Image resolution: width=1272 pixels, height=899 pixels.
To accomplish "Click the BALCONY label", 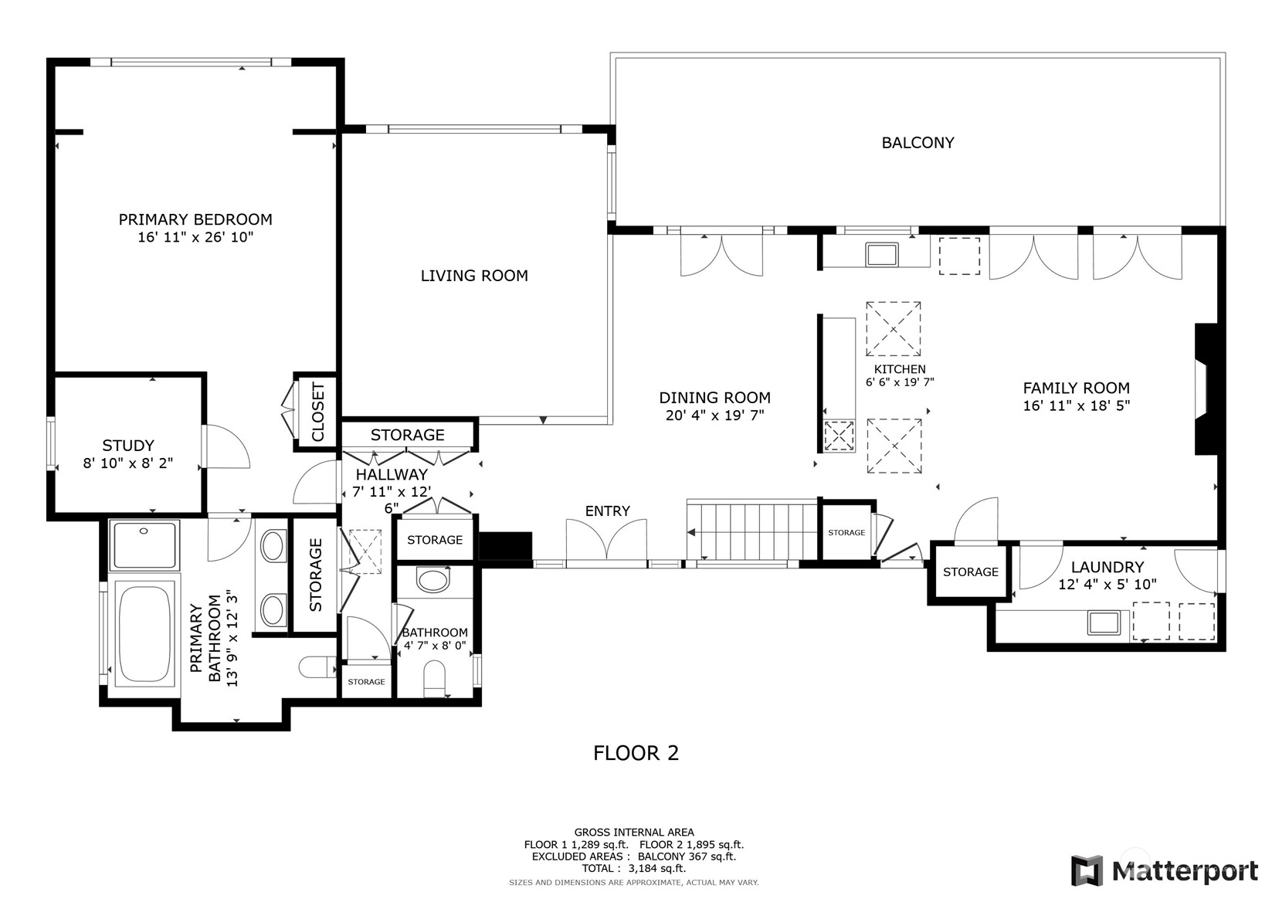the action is pos(918,143).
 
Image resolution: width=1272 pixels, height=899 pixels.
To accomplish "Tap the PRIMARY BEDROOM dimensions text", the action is pos(195,237).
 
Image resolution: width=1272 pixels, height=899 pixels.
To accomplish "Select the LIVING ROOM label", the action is pos(474,276).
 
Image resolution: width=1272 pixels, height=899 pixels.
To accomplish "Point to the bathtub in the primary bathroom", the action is pos(144,633).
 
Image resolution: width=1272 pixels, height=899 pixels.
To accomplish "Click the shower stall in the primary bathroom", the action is pos(144,544).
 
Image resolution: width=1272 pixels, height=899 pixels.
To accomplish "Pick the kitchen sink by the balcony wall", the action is pos(882,254).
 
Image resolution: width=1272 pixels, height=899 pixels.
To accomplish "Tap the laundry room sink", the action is pos(1104,623).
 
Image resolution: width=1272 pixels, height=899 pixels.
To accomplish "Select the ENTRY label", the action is pos(608,511).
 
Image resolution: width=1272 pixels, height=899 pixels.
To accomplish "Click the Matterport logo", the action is pos(1164,870).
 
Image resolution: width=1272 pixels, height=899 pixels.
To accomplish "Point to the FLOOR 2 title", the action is pos(636,753).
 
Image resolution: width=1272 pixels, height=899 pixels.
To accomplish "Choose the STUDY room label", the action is pos(128,445).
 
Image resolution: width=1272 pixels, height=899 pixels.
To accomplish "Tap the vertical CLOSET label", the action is pos(318,412).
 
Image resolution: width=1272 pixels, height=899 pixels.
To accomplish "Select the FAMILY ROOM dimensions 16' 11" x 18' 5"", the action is pos(1077,405).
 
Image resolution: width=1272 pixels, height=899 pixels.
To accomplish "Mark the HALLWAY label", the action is pos(392,474).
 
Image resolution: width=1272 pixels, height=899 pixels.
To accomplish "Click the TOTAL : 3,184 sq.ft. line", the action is pos(634,868).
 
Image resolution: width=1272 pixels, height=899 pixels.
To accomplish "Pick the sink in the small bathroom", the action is pos(432,580).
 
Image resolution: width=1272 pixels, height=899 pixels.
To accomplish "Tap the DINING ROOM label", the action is pos(715,398).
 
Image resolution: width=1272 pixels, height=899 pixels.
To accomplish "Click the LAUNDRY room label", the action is pos(1107,567).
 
